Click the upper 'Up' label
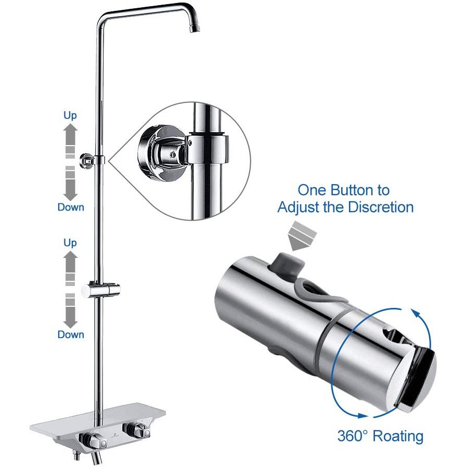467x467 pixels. pos(70,115)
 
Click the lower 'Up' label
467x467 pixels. pos(70,243)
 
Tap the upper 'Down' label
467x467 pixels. pos(71,207)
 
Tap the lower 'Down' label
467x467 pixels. pos(71,334)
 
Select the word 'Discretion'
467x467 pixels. pos(381,207)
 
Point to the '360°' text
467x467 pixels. pos(353,436)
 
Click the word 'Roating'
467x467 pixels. pos(398,436)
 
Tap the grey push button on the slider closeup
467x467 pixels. pos(287,263)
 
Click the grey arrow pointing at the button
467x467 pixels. pos(302,236)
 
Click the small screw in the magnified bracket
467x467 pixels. pos(171,154)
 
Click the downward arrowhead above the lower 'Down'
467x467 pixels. pos(70,322)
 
